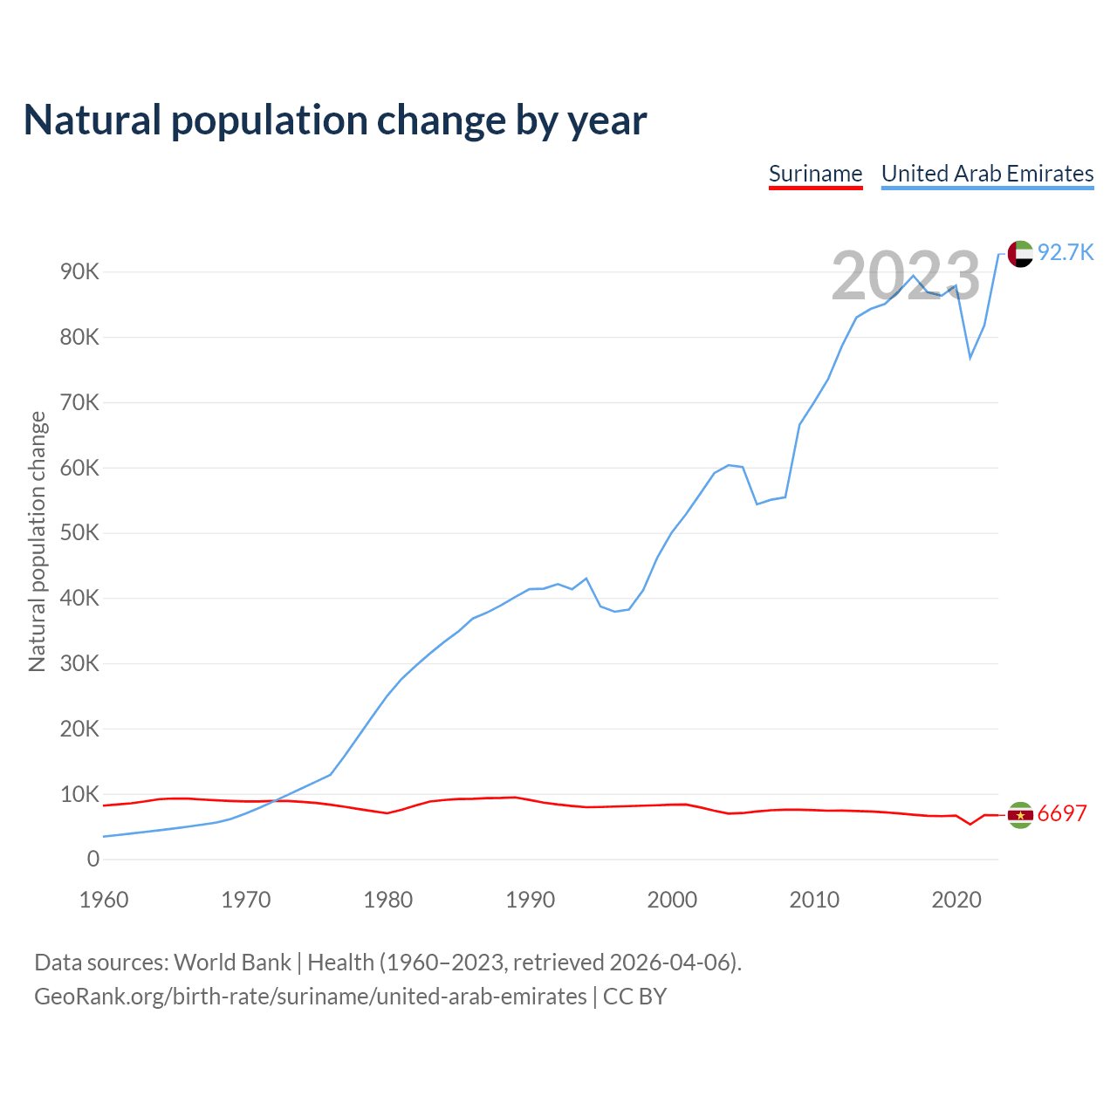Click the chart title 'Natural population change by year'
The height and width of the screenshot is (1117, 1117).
tap(335, 120)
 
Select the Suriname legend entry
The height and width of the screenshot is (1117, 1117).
tap(815, 174)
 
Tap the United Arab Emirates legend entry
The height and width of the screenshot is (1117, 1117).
tap(987, 174)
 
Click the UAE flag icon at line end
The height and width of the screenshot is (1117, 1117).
tap(1020, 254)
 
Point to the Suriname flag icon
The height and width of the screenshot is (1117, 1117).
tap(1020, 815)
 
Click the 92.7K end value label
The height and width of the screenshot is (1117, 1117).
tap(1066, 253)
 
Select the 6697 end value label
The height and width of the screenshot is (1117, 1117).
tap(1062, 814)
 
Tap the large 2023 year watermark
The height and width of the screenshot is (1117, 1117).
tap(906, 277)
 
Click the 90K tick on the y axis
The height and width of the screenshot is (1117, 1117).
tap(80, 272)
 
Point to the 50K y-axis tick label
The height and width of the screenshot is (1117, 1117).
tap(80, 533)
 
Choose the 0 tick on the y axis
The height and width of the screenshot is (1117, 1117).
tap(93, 860)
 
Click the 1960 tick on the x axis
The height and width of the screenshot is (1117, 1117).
tap(104, 900)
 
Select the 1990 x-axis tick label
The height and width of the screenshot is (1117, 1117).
tap(531, 900)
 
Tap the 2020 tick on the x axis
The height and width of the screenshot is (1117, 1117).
tap(956, 900)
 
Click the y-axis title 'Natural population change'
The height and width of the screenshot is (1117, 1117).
tap(38, 542)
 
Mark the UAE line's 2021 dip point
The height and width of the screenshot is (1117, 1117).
tap(970, 358)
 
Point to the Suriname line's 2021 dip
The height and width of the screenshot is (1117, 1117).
tap(970, 824)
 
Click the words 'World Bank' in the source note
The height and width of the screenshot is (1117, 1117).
tap(232, 963)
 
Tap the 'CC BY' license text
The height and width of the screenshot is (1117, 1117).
tap(634, 997)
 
